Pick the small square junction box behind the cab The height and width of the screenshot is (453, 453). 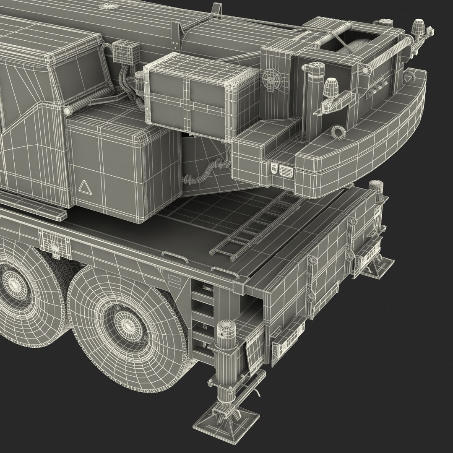coord(122,51)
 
